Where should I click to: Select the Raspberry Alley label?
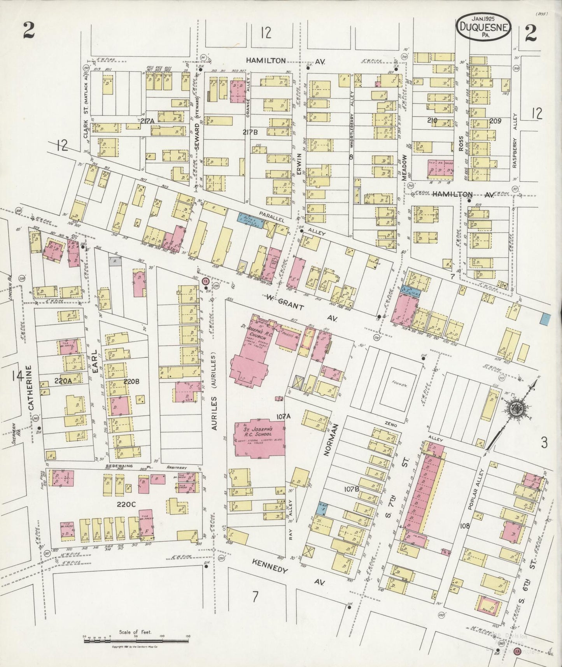pos(516,146)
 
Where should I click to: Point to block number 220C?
pos(126,504)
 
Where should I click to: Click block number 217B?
pos(250,132)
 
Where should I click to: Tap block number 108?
pos(464,526)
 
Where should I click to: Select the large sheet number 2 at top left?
pos(28,31)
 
